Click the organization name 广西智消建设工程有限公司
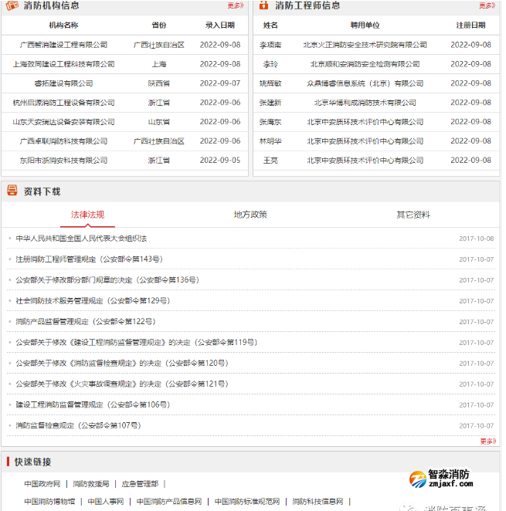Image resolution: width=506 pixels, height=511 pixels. click(63, 45)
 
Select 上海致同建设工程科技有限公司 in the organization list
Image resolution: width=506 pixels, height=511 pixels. click(63, 64)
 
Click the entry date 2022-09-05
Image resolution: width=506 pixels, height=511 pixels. click(220, 160)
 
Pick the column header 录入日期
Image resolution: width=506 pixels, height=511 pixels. click(220, 25)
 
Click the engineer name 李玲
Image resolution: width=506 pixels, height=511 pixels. click(270, 64)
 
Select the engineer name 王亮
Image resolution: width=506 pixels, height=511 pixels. click(270, 160)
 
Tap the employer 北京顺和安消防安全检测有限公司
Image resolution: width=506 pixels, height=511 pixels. click(365, 64)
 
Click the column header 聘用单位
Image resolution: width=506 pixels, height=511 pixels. click(365, 25)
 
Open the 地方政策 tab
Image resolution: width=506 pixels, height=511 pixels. click(250, 215)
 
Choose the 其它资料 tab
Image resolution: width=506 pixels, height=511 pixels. click(413, 215)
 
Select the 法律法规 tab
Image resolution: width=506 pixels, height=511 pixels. click(87, 215)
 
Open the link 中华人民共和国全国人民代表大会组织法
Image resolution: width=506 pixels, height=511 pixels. click(81, 239)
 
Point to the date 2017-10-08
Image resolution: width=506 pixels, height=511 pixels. click(476, 239)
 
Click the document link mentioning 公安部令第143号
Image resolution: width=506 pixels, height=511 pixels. click(89, 259)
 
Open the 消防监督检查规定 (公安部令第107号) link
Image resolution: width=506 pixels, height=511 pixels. click(77, 425)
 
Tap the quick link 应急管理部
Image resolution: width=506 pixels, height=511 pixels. click(139, 484)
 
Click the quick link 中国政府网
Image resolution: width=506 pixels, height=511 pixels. click(42, 484)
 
